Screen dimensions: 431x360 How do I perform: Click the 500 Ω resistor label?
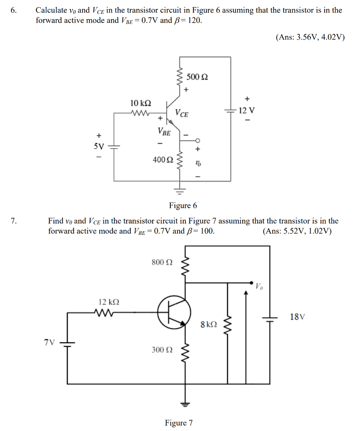coord(197,77)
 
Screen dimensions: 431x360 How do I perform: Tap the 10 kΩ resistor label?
coord(141,103)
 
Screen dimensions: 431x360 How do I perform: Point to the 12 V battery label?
coord(246,111)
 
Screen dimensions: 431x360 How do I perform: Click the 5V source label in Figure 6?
coord(98,146)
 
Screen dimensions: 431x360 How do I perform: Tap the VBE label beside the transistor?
coord(164,132)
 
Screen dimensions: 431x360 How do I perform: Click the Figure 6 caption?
coord(183,205)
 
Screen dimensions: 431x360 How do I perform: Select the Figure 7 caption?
coord(179,423)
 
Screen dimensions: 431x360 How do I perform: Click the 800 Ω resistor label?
coord(162,262)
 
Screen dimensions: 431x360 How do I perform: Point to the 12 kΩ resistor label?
coord(109,302)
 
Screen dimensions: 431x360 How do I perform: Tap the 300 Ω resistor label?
coord(162,349)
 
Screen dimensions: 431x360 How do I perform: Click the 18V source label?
coord(297,317)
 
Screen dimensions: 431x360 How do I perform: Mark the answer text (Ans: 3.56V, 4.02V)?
coord(310,37)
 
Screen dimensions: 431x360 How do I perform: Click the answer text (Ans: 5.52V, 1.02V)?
coord(297,231)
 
